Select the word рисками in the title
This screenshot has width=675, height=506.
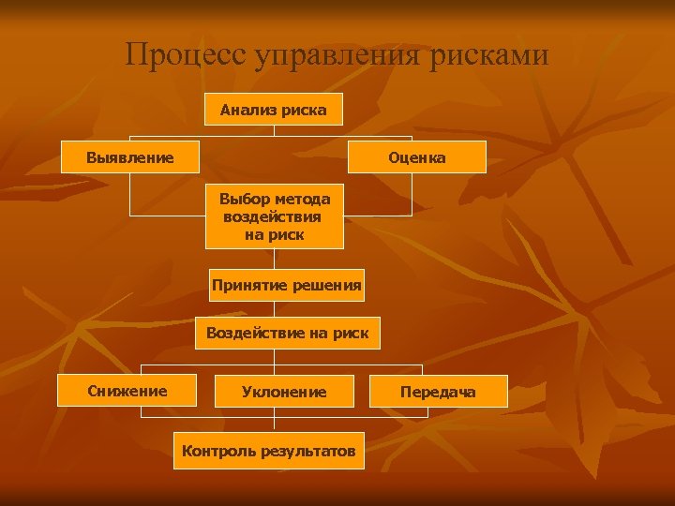pos(490,55)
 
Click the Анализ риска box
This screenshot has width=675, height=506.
pos(274,110)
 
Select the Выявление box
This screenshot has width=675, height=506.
pos(129,157)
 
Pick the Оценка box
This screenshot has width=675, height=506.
pos(417,157)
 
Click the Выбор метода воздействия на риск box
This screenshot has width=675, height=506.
pos(274,216)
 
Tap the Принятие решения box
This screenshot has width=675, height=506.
pos(286,285)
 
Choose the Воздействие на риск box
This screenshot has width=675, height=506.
pos(287,333)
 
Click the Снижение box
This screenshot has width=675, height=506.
pos(127,391)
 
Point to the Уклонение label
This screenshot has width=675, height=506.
pos(284,392)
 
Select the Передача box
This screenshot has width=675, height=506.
pos(438,392)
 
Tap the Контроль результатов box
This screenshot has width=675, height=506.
pos(269,451)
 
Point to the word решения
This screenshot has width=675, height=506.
pos(324,285)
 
